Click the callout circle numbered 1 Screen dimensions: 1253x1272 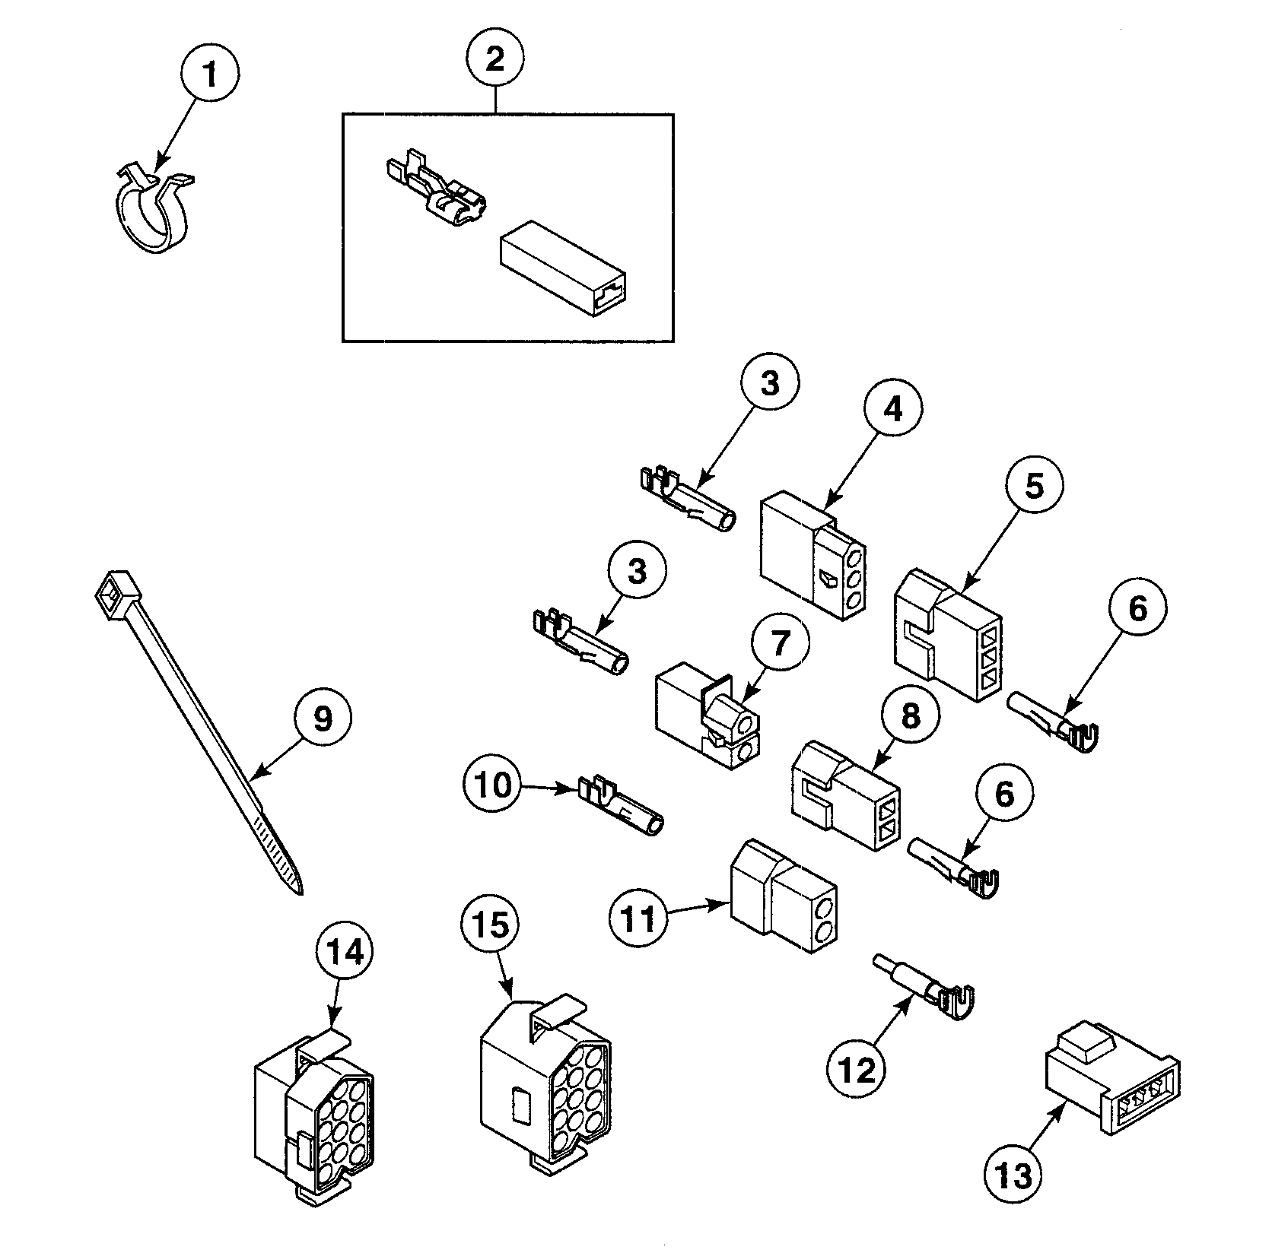click(210, 76)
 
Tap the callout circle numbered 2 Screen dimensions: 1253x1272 click(494, 58)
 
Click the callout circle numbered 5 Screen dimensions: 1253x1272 click(1034, 486)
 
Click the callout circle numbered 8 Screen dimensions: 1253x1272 click(910, 716)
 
